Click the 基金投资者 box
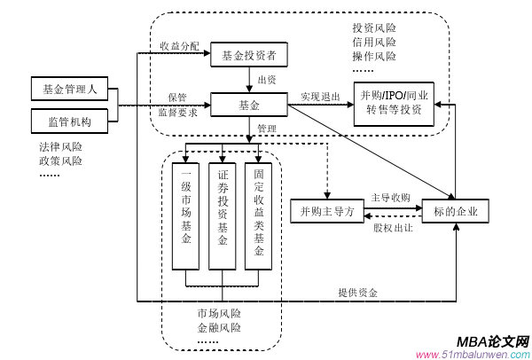(249, 57)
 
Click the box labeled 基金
(249, 106)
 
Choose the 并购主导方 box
(327, 211)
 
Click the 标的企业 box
(454, 211)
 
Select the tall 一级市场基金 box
(186, 215)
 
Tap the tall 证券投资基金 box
(223, 215)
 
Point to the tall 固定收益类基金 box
(258, 215)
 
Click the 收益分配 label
(180, 45)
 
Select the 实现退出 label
(320, 97)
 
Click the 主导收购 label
(390, 198)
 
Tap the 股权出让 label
(392, 227)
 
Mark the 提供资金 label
(357, 293)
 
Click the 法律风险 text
(60, 146)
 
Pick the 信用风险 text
(374, 42)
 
